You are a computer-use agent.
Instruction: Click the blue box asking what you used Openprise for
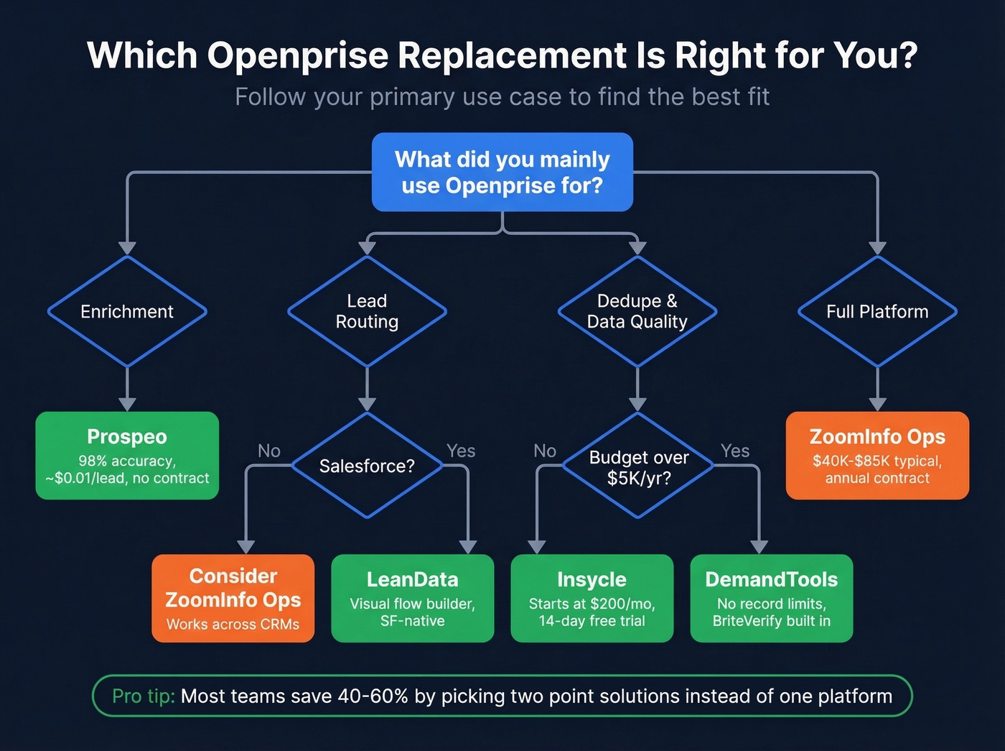point(502,172)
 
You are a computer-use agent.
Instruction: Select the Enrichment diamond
point(127,311)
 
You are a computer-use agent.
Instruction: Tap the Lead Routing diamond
point(367,311)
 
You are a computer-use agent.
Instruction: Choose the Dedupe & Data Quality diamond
point(637,311)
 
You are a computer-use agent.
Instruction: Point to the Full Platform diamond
point(877,311)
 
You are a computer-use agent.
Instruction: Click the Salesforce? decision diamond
point(367,466)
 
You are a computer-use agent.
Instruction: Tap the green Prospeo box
point(127,455)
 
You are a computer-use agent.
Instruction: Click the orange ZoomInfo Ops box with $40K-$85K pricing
point(877,455)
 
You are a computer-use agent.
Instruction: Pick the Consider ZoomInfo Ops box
point(233,598)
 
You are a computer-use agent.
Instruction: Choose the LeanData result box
point(412,598)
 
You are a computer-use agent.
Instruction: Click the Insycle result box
point(592,598)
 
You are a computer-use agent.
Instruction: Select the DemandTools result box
point(771,598)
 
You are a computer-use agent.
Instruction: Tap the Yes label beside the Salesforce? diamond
point(461,451)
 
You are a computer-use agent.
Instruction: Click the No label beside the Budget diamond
point(545,451)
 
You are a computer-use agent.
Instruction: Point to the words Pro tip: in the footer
point(144,696)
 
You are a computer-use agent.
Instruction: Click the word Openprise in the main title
point(299,55)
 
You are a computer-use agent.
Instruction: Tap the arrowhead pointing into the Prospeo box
point(127,404)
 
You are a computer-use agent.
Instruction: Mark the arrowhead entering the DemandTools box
point(759,547)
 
